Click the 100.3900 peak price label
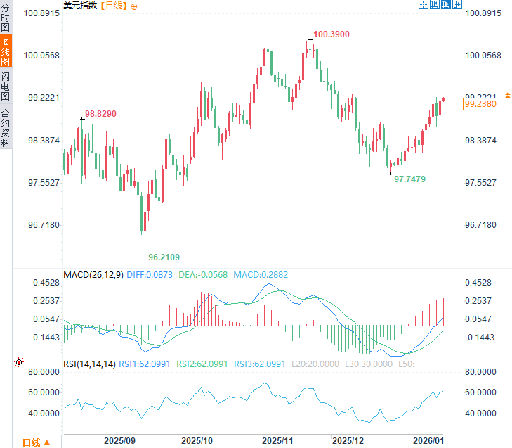[x=332, y=34]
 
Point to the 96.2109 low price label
[x=164, y=257]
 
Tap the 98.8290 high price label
[x=100, y=113]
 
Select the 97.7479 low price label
[x=409, y=179]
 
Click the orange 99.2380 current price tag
[x=480, y=103]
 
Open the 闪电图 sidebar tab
[x=6, y=86]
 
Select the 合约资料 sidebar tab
[x=6, y=127]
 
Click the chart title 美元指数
[x=80, y=6]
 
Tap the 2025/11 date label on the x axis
[x=277, y=441]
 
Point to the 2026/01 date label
[x=428, y=441]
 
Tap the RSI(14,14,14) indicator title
[x=89, y=364]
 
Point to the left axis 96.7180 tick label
[x=44, y=225]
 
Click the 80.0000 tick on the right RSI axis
[x=481, y=372]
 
